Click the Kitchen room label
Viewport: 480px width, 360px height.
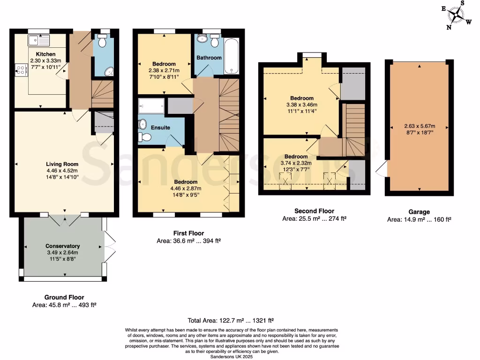click(x=45, y=54)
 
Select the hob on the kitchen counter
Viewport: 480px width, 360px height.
click(x=22, y=70)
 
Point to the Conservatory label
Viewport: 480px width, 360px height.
click(x=62, y=246)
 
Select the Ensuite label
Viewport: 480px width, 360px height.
click(x=160, y=127)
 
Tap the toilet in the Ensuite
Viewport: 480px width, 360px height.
click(x=144, y=136)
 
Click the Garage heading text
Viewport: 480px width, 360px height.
click(x=419, y=212)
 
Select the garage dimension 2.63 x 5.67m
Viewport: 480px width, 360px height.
click(x=419, y=126)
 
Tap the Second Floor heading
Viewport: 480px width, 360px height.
click(x=314, y=211)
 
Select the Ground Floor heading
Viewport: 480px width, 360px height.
click(x=64, y=297)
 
